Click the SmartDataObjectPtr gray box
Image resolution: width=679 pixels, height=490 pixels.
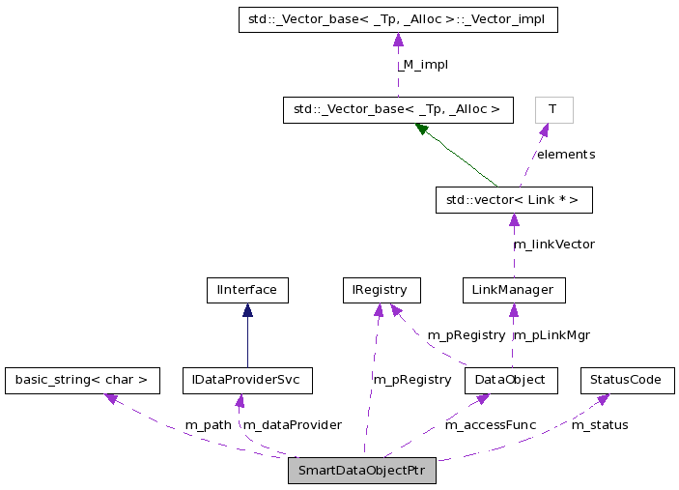pyautogui.click(x=362, y=471)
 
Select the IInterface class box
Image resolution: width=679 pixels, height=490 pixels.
pyautogui.click(x=247, y=290)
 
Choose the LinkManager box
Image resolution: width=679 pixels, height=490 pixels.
pyautogui.click(x=513, y=290)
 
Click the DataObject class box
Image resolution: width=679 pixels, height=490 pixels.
pyautogui.click(x=511, y=380)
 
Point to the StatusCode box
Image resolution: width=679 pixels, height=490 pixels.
pyautogui.click(x=627, y=380)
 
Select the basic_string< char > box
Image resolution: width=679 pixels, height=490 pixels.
pyautogui.click(x=82, y=380)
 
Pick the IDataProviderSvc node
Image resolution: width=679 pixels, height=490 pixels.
pyautogui.click(x=247, y=380)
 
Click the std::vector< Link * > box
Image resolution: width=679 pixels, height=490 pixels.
pyautogui.click(x=513, y=200)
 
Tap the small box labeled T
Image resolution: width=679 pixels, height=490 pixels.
pyautogui.click(x=553, y=109)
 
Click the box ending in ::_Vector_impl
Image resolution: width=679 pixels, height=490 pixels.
pyautogui.click(x=398, y=19)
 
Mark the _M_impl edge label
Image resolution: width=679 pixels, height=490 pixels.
pyautogui.click(x=424, y=65)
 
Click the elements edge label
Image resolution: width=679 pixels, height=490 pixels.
pyautogui.click(x=566, y=155)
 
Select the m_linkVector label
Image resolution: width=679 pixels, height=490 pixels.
pyautogui.click(x=553, y=245)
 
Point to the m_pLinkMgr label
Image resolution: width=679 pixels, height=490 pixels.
pyautogui.click(x=551, y=335)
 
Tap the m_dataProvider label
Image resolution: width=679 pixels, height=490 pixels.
pyautogui.click(x=292, y=425)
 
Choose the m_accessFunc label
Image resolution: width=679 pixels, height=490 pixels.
pyautogui.click(x=490, y=425)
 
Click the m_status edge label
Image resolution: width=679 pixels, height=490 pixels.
pyautogui.click(x=600, y=425)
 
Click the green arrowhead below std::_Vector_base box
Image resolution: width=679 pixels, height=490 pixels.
pyautogui.click(x=422, y=129)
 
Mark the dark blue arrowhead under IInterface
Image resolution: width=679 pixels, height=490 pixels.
pyautogui.click(x=247, y=310)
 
